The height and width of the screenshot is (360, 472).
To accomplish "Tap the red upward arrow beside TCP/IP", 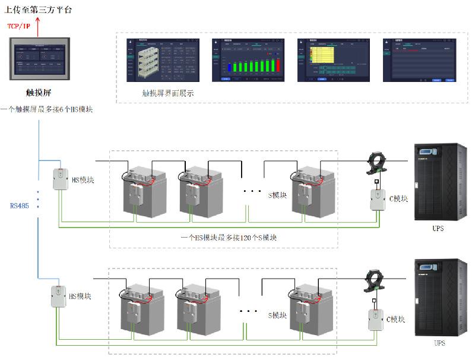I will (x=39, y=27).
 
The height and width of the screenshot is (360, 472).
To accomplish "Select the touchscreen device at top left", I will (x=40, y=60).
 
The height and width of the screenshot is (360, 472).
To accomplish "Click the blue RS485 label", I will (x=18, y=206).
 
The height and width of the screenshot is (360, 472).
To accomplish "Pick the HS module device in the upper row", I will (x=61, y=179).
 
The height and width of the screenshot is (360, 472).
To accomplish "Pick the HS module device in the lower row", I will (x=58, y=296).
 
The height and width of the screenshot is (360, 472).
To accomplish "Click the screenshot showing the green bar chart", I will (x=248, y=60).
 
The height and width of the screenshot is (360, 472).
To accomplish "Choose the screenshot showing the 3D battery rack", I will (x=163, y=60).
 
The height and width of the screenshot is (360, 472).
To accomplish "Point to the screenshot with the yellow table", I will (x=334, y=60).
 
